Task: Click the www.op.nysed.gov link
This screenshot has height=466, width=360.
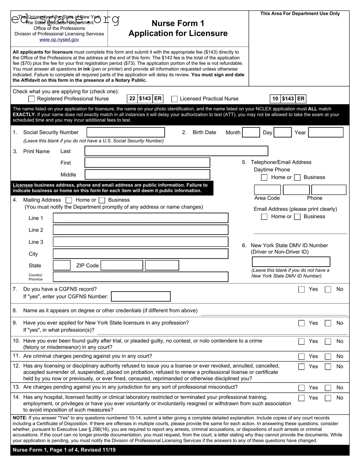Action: (x=59, y=40)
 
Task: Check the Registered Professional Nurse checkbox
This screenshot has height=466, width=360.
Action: (x=32, y=99)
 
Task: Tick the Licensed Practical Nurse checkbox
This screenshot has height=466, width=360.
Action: (x=174, y=99)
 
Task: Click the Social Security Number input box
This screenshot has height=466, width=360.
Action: (x=126, y=132)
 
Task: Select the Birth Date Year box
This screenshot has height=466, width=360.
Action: (x=325, y=132)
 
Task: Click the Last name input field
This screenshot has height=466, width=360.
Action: (x=176, y=151)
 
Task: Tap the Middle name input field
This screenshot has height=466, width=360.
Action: (x=147, y=174)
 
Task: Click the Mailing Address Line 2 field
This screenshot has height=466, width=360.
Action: (x=140, y=230)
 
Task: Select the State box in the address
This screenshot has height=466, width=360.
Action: (x=61, y=265)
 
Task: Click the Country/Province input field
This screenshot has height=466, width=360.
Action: (x=140, y=277)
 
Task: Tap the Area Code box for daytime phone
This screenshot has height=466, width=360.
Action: (x=267, y=190)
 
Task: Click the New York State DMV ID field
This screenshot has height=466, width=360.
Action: (x=291, y=262)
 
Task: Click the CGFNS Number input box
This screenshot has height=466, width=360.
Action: (x=141, y=297)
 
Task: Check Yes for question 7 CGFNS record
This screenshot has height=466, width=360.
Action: (x=301, y=289)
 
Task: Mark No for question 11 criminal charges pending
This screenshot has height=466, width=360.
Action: (x=328, y=356)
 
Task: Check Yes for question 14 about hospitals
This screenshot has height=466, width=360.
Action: (x=301, y=398)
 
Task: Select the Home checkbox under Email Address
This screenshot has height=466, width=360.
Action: (x=264, y=217)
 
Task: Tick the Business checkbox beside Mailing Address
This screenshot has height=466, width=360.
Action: (x=102, y=200)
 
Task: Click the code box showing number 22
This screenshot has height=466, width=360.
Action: (x=132, y=99)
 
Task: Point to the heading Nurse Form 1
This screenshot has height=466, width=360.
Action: (x=178, y=23)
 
